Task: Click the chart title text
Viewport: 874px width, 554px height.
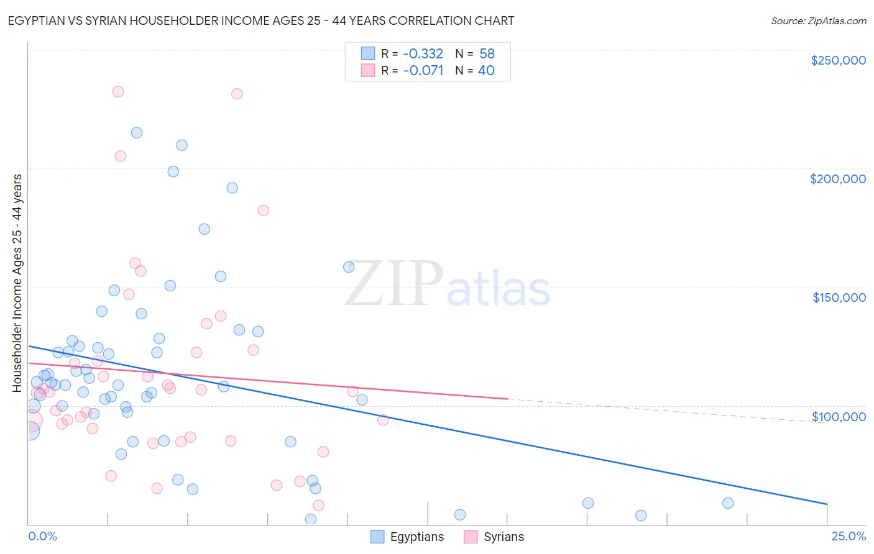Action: tap(261, 20)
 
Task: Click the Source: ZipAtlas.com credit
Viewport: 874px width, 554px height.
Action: tap(818, 20)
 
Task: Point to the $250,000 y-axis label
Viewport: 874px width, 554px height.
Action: tap(838, 60)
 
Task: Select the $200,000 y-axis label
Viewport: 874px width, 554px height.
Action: tap(837, 179)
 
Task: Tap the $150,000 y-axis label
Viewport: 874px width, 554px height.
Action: tap(839, 297)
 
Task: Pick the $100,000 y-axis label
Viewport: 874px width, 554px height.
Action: tap(839, 417)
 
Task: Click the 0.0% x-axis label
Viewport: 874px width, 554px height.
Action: tap(42, 536)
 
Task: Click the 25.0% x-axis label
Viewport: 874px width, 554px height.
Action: tap(849, 536)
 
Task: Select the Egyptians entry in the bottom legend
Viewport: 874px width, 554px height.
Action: tap(408, 537)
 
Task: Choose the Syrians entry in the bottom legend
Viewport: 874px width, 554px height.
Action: tap(494, 537)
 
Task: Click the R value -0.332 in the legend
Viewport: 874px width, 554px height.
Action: tap(423, 54)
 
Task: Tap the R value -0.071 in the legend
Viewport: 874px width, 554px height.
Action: tap(423, 71)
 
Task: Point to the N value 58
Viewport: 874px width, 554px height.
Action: tap(487, 54)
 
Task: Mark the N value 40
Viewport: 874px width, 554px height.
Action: tap(486, 71)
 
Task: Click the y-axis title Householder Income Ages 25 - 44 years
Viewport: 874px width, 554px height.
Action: tap(17, 283)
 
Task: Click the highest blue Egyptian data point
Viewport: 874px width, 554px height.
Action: tap(137, 133)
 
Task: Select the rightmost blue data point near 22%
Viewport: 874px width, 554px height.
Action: tap(728, 503)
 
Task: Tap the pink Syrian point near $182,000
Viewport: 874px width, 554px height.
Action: tap(263, 211)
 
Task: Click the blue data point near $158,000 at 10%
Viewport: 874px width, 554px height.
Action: tap(349, 267)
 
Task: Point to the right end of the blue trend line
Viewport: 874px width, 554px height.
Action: tap(827, 504)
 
